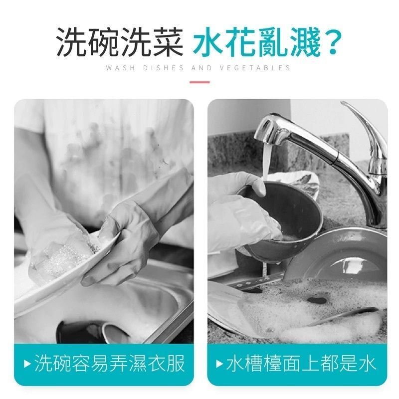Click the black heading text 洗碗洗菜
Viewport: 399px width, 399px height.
pos(120,42)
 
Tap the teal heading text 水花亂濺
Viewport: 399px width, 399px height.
pos(256,42)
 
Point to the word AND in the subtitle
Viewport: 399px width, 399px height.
pos(201,68)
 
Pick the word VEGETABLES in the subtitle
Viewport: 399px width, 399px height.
pos(255,68)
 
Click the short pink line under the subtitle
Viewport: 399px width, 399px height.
pos(199,82)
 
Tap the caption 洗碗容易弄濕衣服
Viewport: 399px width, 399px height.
pos(109,364)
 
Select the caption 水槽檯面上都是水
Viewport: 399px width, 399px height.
pos(301,364)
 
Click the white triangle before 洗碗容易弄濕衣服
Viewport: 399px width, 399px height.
pos(27,364)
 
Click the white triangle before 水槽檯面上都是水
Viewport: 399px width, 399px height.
pos(219,364)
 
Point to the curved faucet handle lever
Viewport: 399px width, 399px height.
pos(367,127)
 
